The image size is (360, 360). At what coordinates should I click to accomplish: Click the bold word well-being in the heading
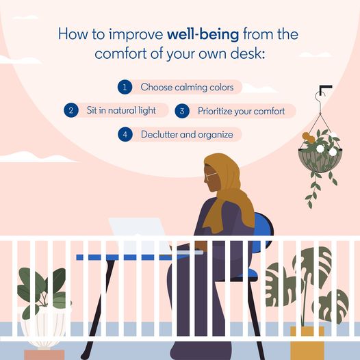click(x=203, y=34)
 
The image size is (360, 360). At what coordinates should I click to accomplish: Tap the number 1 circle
click(x=125, y=87)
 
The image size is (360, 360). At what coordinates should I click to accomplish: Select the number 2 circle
click(x=71, y=110)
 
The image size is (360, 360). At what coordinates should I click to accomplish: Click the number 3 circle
click(x=182, y=111)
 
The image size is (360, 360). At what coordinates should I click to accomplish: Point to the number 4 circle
click(x=125, y=134)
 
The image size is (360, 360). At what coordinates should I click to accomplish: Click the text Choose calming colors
click(x=187, y=88)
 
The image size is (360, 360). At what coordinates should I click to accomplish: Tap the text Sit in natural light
click(x=121, y=110)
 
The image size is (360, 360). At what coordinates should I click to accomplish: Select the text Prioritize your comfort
click(x=242, y=112)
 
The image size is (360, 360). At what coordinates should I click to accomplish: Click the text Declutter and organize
click(x=187, y=135)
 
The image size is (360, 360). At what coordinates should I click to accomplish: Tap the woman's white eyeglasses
click(x=210, y=176)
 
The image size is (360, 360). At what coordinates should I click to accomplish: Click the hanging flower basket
click(x=320, y=160)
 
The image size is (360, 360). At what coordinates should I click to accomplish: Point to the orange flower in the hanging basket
click(x=308, y=138)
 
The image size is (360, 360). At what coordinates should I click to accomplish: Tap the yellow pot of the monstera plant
click(x=307, y=343)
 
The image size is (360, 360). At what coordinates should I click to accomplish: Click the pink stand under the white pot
click(x=44, y=355)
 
